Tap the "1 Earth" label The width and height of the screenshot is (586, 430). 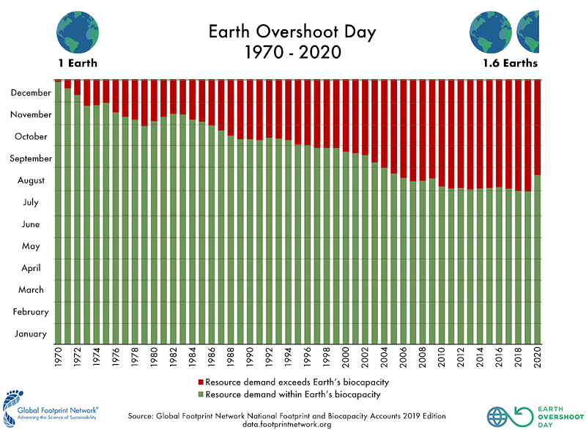point(78,63)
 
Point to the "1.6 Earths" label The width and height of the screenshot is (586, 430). point(508,63)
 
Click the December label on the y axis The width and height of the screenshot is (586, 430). point(31,93)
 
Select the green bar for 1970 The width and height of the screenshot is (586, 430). point(58,212)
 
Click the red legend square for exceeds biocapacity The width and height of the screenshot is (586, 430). point(200,382)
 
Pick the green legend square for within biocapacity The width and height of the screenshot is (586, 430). point(200,395)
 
